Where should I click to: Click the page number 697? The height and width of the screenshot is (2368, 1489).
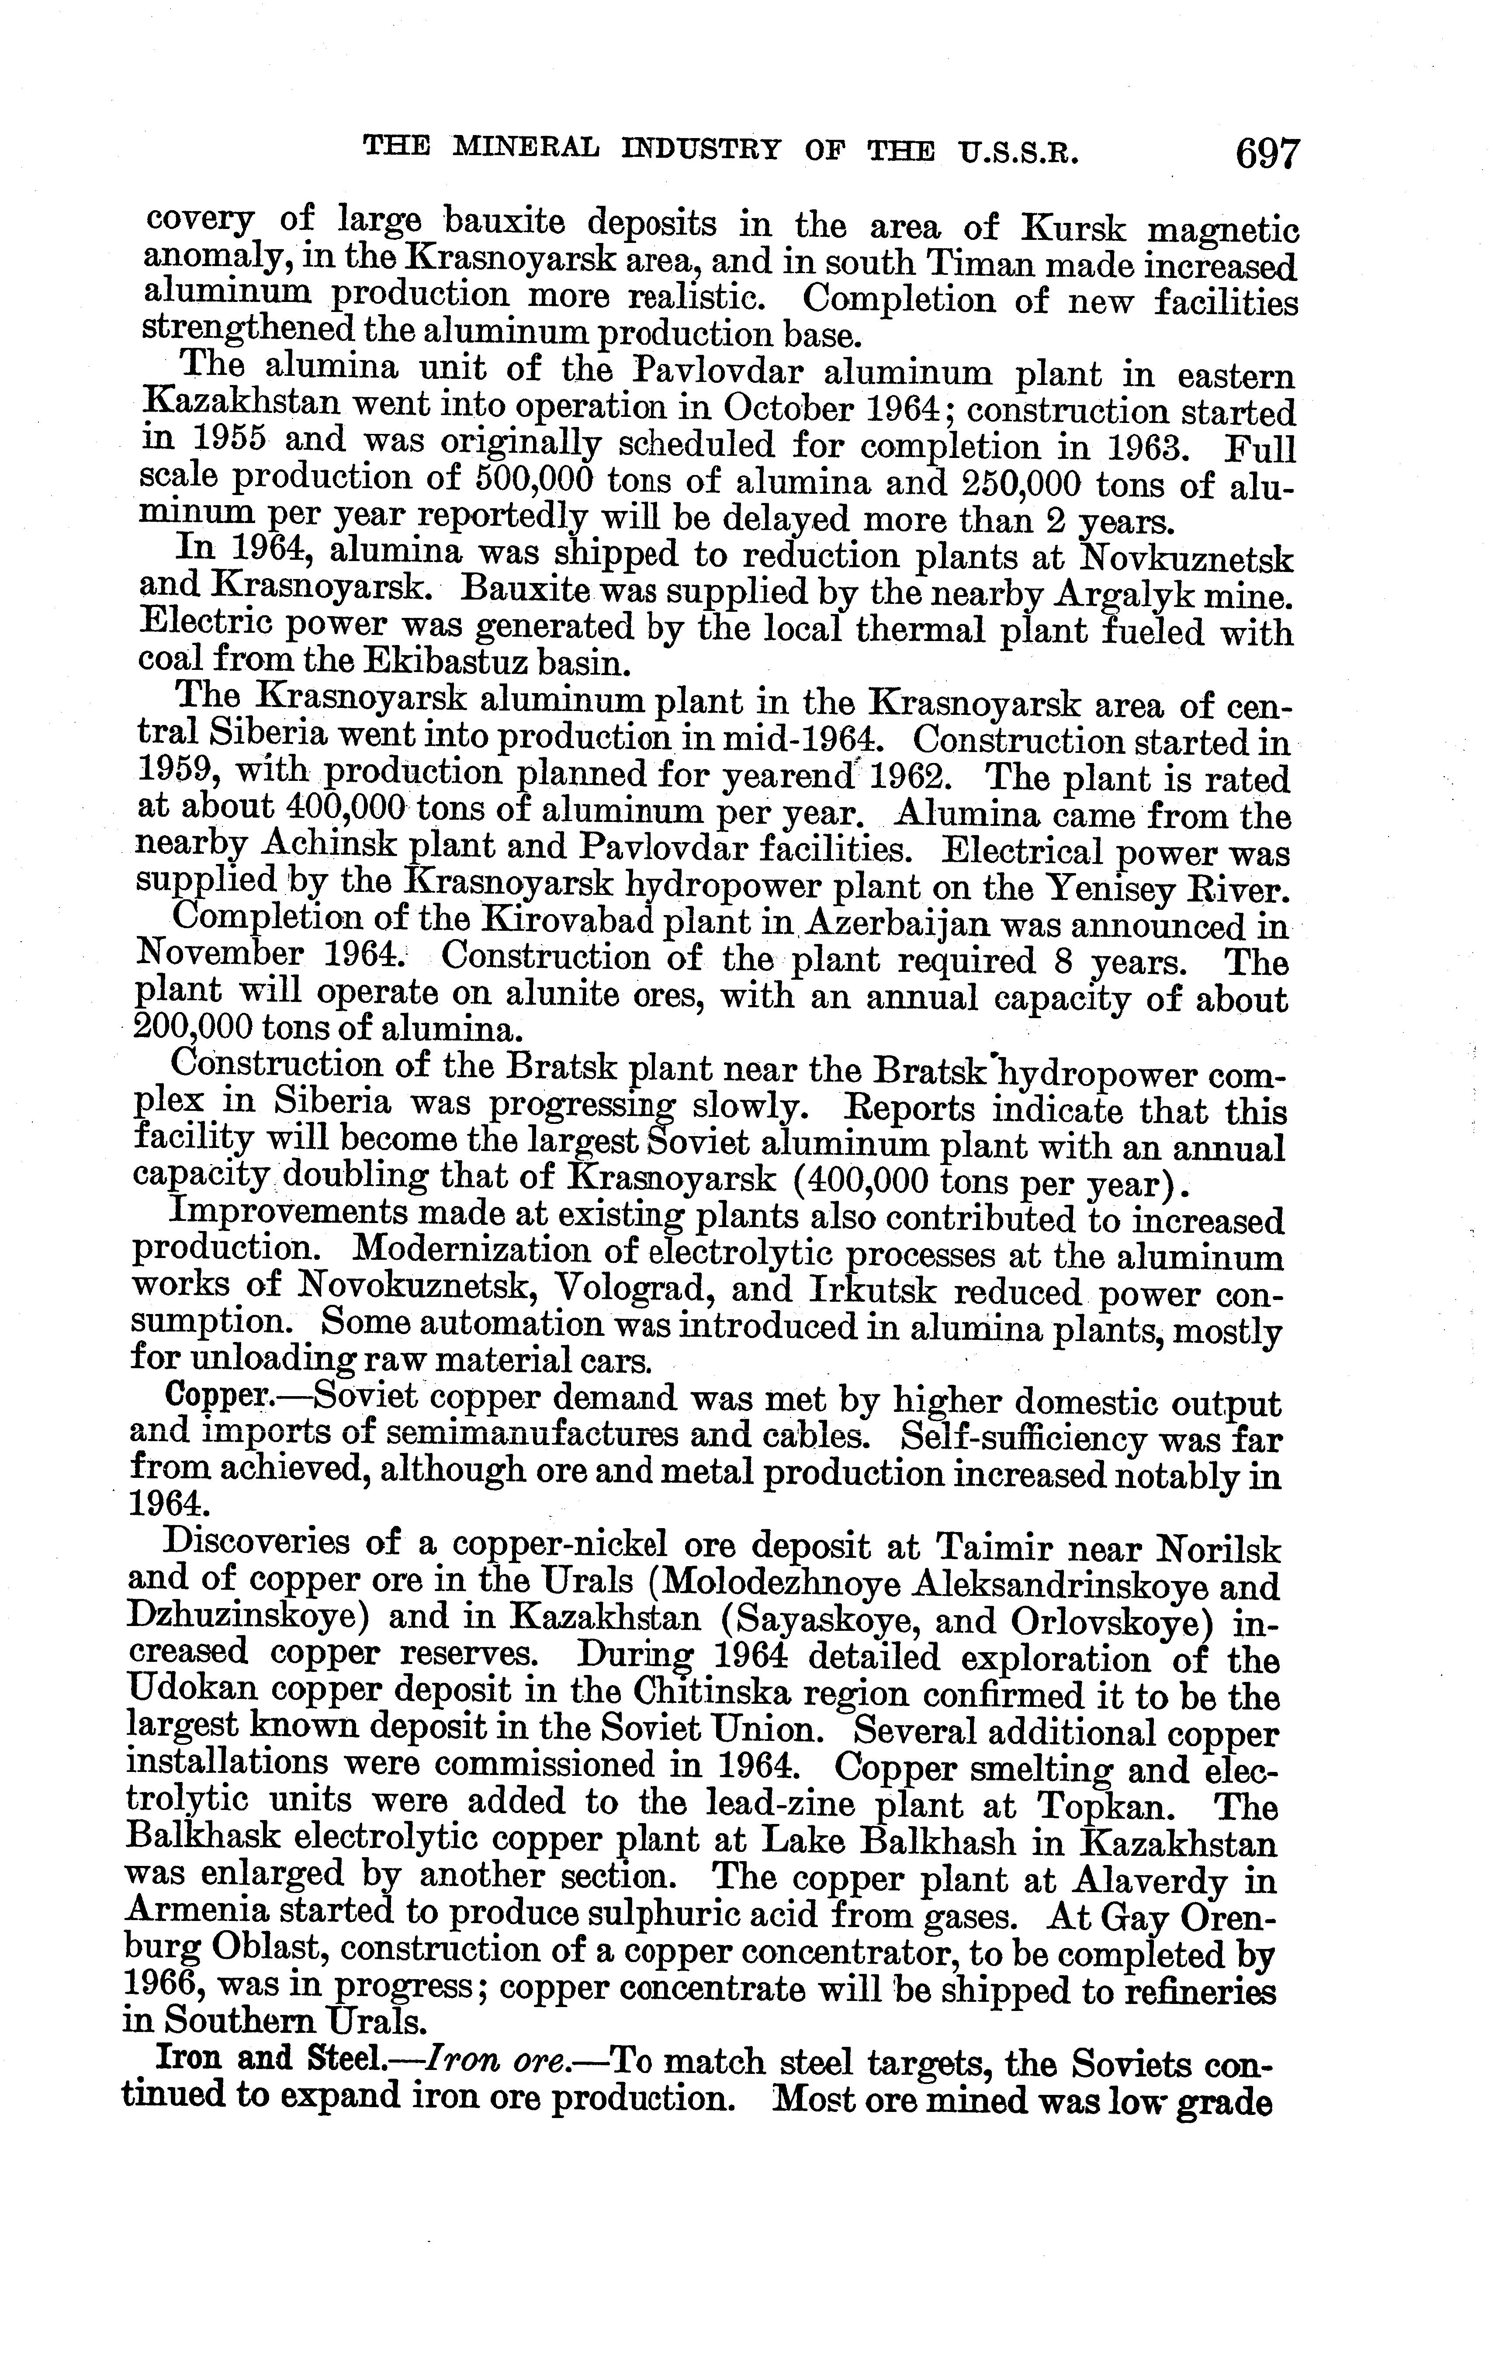[x=1269, y=154]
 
